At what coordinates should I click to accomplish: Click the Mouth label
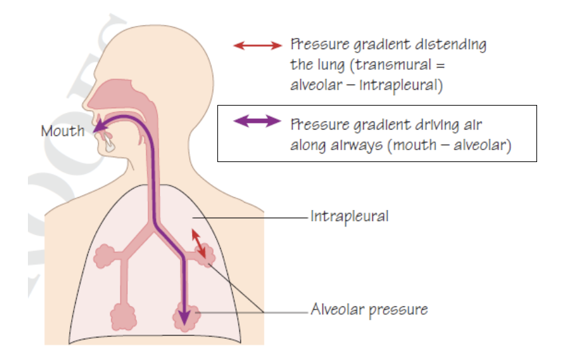[62, 130]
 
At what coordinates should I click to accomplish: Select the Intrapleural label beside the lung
[349, 216]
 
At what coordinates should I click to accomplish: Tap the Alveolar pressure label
[369, 310]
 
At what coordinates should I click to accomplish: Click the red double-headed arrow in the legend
[258, 45]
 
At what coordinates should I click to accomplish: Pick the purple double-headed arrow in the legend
[258, 122]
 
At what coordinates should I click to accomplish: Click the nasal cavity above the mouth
[116, 98]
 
